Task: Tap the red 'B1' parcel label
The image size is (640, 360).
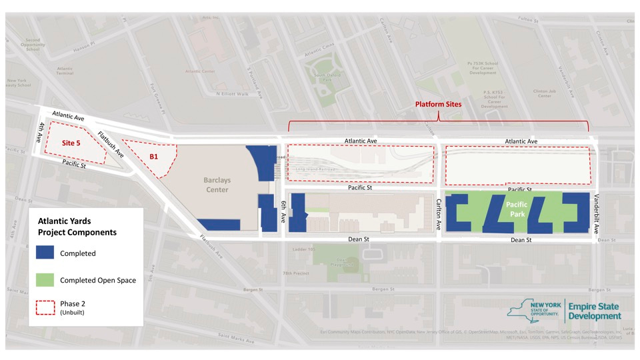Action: [x=153, y=157]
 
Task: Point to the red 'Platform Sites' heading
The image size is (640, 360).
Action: [x=438, y=105]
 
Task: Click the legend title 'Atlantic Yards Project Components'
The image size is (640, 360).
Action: [x=77, y=227]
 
